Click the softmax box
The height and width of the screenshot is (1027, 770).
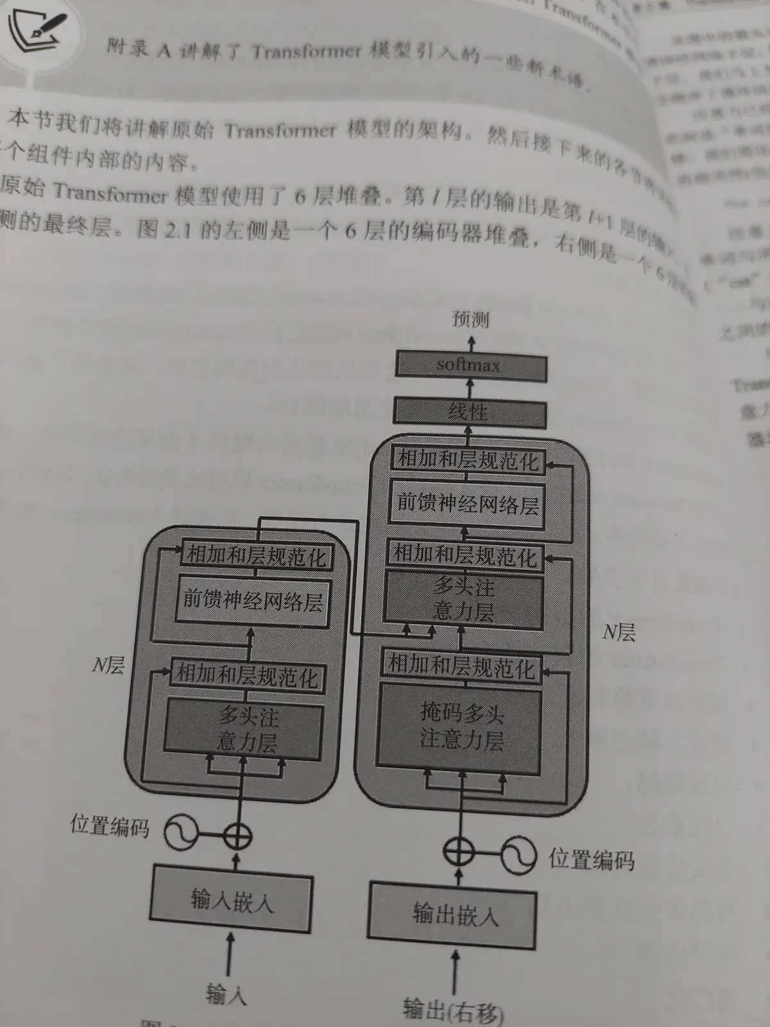[470, 366]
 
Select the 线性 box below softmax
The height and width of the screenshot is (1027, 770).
[469, 412]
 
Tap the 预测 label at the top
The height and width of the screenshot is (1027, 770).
[470, 319]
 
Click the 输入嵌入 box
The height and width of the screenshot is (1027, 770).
[232, 899]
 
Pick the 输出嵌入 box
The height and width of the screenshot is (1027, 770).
[452, 914]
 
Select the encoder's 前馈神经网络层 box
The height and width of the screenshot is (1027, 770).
[252, 601]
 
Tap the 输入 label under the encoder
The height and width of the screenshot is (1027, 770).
[226, 994]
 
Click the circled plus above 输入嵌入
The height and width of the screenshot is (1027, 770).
[237, 836]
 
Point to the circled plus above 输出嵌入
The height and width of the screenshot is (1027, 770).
[459, 852]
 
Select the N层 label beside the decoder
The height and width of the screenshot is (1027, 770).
[619, 633]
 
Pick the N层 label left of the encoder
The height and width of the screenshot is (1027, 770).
[108, 664]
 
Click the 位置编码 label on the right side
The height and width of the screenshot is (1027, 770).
[591, 859]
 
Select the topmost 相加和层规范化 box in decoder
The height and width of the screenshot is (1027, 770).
[468, 461]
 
